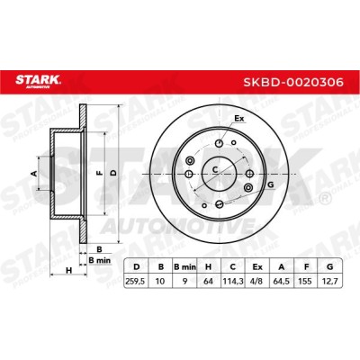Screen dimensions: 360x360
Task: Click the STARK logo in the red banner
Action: click(x=39, y=81)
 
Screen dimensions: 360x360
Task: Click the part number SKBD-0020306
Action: click(x=293, y=82)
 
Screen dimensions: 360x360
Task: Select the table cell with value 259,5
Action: click(x=136, y=282)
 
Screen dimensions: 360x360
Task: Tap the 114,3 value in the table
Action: click(x=233, y=282)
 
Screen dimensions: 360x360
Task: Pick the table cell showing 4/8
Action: click(x=257, y=282)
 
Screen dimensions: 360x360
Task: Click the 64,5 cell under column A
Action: click(x=282, y=282)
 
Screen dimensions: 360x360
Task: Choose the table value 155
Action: click(x=305, y=282)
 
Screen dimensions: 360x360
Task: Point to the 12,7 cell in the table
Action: click(x=329, y=282)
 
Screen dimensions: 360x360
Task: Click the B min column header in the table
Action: click(x=184, y=266)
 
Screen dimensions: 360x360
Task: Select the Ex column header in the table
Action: click(x=257, y=266)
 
